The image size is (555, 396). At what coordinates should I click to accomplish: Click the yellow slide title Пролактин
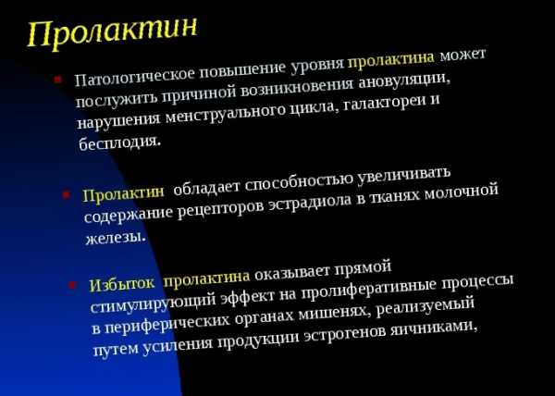[x=112, y=31]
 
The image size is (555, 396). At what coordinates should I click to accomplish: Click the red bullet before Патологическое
[x=57, y=80]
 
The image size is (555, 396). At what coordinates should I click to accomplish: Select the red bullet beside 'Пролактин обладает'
[x=66, y=196]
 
